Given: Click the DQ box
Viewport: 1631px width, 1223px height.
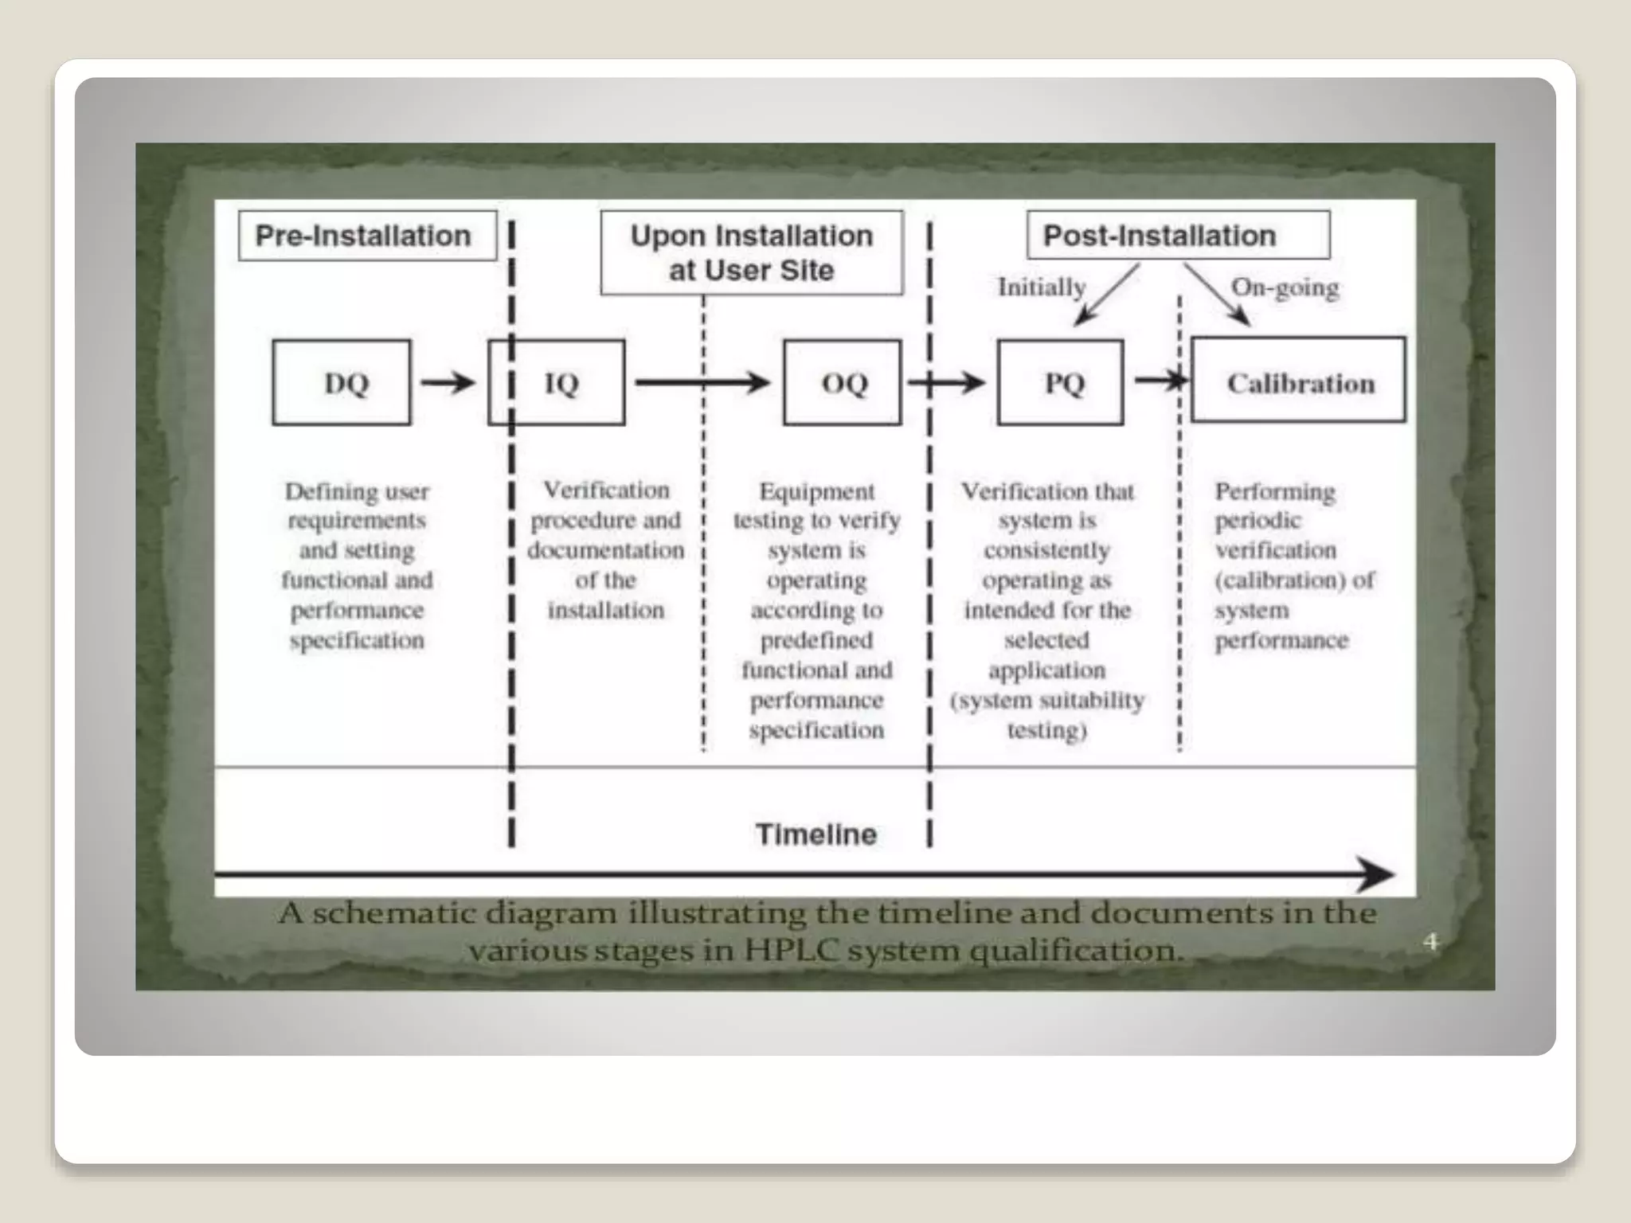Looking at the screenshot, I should pyautogui.click(x=342, y=383).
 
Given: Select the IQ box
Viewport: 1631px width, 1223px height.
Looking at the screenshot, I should pyautogui.click(x=557, y=383).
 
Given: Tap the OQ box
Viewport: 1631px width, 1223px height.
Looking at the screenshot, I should pyautogui.click(x=843, y=383).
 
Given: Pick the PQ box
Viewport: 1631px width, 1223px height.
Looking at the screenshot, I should pyautogui.click(x=1061, y=383).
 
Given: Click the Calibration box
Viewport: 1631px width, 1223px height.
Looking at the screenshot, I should pyautogui.click(x=1299, y=381).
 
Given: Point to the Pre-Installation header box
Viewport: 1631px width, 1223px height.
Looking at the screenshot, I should pyautogui.click(x=367, y=236).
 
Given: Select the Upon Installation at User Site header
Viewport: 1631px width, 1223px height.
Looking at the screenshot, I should pyautogui.click(x=752, y=252).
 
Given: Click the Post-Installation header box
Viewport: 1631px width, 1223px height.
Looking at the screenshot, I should pyautogui.click(x=1178, y=235).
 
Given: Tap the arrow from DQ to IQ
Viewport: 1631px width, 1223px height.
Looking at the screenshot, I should pyautogui.click(x=448, y=383).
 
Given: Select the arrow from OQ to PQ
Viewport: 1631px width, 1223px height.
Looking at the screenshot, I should pyautogui.click(x=948, y=383).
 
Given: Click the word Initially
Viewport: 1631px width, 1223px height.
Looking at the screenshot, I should pyautogui.click(x=1042, y=287).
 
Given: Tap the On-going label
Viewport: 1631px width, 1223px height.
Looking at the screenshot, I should pyautogui.click(x=1285, y=287).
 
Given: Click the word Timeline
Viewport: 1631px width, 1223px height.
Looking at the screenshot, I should pyautogui.click(x=816, y=834).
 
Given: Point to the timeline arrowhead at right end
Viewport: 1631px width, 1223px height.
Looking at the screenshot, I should pyautogui.click(x=1376, y=874).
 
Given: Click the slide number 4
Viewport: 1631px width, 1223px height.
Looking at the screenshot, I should pyautogui.click(x=1431, y=942).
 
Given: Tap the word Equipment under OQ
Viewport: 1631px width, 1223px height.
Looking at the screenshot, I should pyautogui.click(x=817, y=491).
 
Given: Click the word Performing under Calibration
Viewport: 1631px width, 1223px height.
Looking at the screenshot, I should pyautogui.click(x=1275, y=491).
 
